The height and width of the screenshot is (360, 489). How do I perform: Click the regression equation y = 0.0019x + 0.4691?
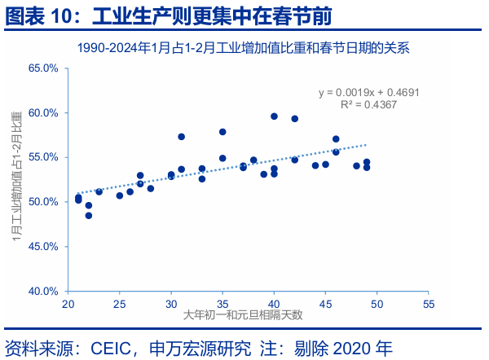click(x=368, y=93)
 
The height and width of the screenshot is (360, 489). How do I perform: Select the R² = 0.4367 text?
click(x=368, y=105)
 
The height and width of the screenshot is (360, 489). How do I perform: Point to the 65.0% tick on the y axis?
click(x=43, y=68)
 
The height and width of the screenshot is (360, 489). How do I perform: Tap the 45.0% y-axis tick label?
click(x=43, y=246)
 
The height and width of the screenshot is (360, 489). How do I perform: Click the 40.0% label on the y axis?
click(x=43, y=291)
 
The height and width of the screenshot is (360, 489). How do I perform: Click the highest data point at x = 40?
click(x=274, y=116)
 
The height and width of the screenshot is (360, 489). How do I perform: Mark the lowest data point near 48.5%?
click(x=89, y=215)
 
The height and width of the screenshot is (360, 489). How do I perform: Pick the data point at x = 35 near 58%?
click(x=222, y=131)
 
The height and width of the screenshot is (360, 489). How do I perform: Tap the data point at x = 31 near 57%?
click(x=182, y=137)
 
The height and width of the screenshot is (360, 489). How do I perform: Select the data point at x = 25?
click(x=120, y=195)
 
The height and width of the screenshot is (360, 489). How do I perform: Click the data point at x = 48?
click(x=356, y=165)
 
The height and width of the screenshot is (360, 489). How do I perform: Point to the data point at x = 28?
click(x=151, y=188)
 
